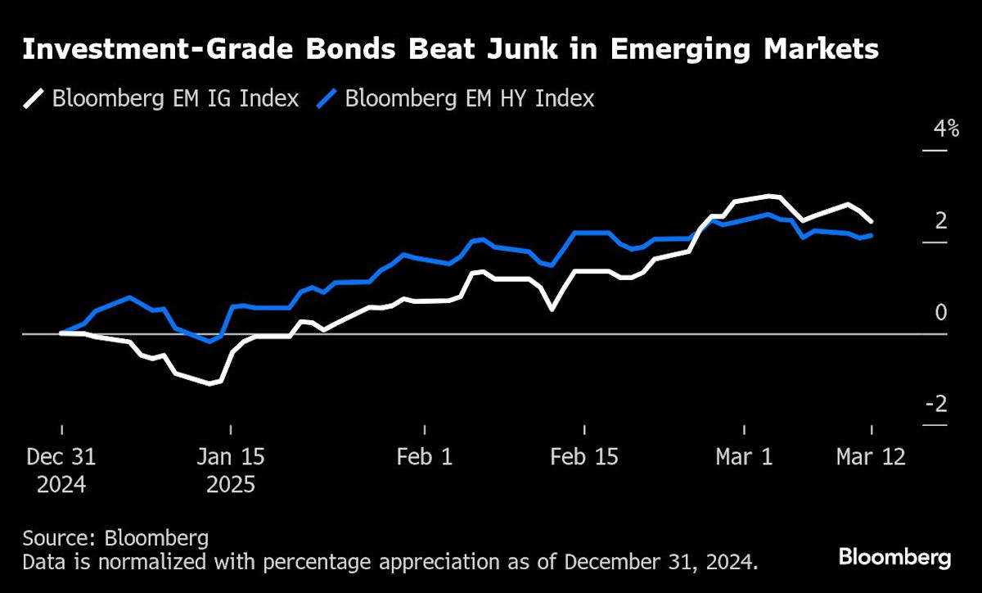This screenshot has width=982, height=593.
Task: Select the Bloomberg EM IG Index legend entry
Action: point(175,99)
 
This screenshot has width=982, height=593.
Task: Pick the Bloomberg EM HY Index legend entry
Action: point(470,99)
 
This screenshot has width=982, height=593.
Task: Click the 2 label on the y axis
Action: point(940,220)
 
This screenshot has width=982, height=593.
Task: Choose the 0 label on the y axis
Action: point(940,312)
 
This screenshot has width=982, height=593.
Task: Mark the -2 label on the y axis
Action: point(936,404)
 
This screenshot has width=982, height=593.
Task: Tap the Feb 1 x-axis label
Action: point(425,457)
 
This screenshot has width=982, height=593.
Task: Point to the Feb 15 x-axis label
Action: point(583,457)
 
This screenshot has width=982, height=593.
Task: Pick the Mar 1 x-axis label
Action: point(744,457)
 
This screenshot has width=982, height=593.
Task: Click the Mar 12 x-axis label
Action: point(871,457)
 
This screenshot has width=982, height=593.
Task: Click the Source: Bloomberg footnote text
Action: point(115,538)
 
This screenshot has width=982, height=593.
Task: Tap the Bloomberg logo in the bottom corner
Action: point(894,559)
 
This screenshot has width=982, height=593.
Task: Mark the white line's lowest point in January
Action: point(210,383)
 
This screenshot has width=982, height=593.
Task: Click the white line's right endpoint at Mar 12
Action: point(871,221)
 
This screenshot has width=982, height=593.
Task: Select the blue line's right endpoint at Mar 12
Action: point(871,235)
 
